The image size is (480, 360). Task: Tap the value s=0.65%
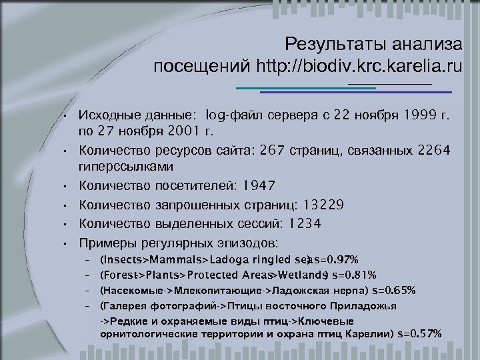tap(394, 290)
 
